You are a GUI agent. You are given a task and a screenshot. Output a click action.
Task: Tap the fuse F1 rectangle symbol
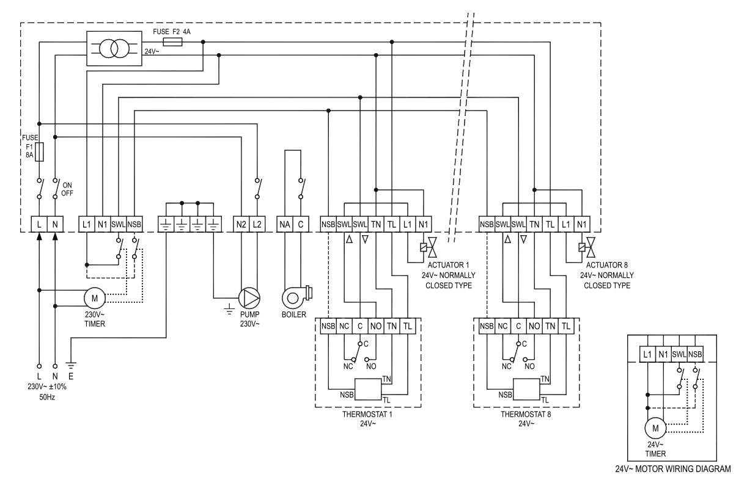[39, 153]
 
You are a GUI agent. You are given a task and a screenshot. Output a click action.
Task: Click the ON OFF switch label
[67, 189]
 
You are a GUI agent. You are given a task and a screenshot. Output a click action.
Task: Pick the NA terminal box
[284, 224]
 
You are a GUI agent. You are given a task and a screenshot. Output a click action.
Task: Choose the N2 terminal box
[241, 224]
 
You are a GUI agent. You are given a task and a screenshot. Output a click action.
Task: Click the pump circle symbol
[249, 297]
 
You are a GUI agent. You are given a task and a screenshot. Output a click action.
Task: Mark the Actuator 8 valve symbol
[589, 247]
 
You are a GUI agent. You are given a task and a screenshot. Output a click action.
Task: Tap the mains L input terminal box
[39, 224]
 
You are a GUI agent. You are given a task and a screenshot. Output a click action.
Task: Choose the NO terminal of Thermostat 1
[376, 327]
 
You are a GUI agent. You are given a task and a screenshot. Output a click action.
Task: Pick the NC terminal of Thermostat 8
[502, 327]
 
